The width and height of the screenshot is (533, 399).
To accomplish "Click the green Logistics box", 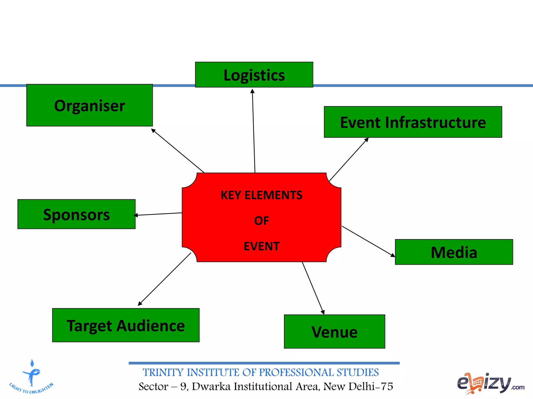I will click(x=254, y=75).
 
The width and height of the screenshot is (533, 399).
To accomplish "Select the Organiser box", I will click(x=90, y=105).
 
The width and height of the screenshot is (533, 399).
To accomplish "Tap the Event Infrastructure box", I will click(x=413, y=122).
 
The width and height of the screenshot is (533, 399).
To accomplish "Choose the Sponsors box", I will click(x=76, y=214).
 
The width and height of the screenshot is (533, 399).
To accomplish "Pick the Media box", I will click(x=454, y=252).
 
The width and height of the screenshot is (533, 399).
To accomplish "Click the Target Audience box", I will click(x=126, y=325).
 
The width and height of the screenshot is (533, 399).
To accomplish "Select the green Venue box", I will click(x=334, y=331).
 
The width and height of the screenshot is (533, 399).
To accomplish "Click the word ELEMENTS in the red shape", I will click(x=273, y=195).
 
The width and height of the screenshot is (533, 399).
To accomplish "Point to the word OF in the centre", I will click(x=261, y=221).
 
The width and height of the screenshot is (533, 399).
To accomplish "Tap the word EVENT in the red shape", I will click(x=261, y=246).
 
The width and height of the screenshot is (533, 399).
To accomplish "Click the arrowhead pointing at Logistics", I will click(x=252, y=91).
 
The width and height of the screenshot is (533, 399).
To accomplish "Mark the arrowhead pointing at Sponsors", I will click(x=136, y=215).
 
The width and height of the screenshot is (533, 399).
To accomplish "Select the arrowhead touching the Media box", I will click(x=393, y=255).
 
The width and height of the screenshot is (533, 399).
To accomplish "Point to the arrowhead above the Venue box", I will click(x=323, y=312).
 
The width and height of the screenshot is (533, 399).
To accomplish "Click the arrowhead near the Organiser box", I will click(x=153, y=130).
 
